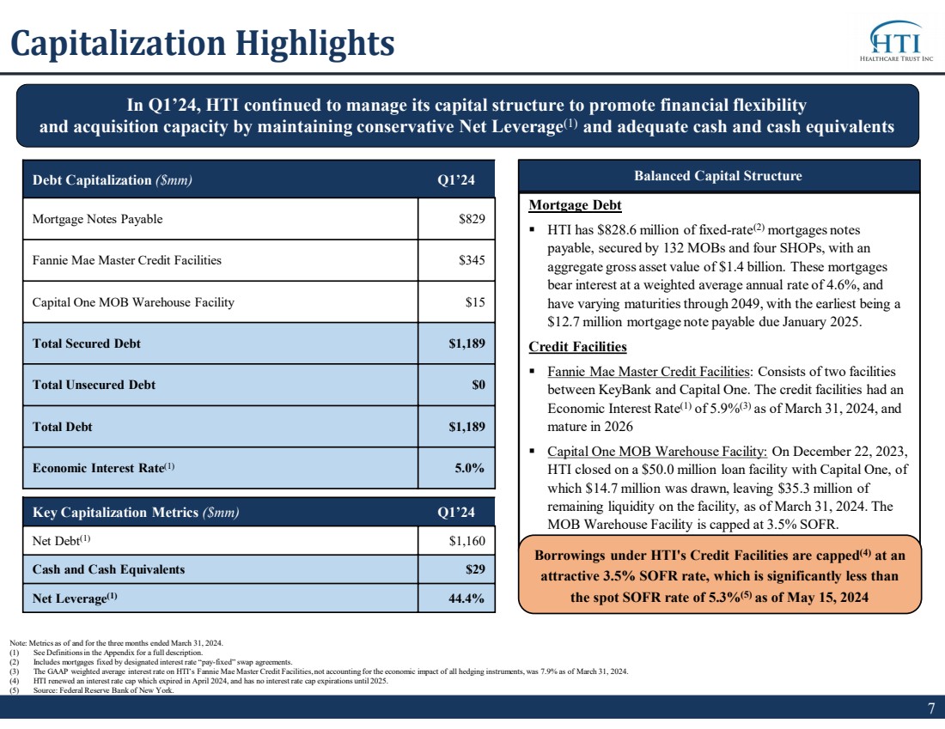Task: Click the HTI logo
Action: coord(896,41)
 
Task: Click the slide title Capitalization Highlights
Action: coord(203,44)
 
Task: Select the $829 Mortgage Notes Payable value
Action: coord(472,219)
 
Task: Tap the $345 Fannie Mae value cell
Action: coord(472,260)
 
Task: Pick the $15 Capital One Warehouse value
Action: coord(475,302)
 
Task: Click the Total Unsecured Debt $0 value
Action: coord(479,385)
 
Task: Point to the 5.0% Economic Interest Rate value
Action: coord(469,467)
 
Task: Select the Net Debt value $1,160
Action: coord(467,541)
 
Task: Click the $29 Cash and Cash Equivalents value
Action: coord(475,569)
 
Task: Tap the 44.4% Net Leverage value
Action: coord(466,598)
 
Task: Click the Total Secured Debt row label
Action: coord(86,343)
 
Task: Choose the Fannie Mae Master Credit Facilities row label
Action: coord(126,260)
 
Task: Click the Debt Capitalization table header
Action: coord(112,180)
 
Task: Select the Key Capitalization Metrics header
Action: coord(136,512)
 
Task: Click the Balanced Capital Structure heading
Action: coord(718,176)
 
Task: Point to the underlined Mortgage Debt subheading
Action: coord(575,205)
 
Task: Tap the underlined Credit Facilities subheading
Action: coord(577,346)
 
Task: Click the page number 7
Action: coord(931,708)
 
